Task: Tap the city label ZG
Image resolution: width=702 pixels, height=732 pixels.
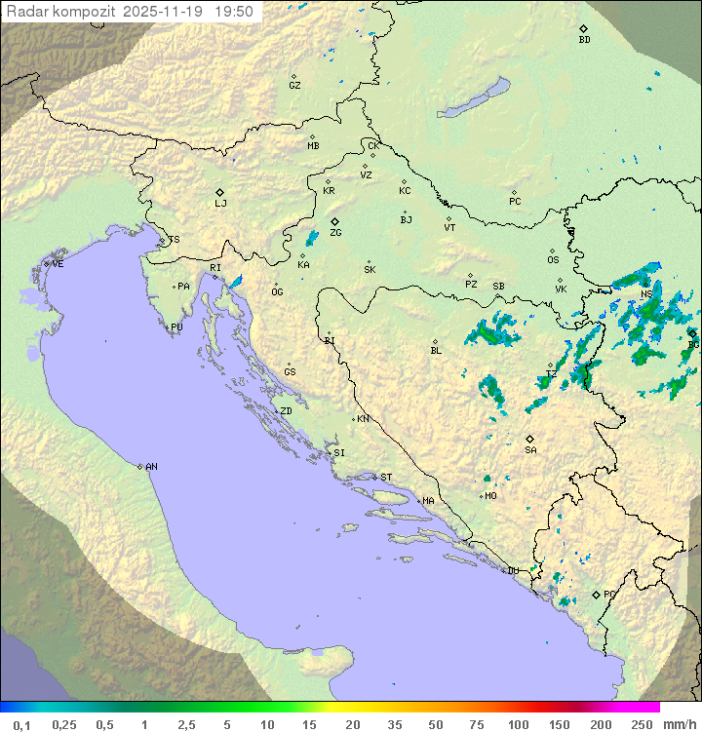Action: [x=335, y=233]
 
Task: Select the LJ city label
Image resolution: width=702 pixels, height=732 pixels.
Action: [x=220, y=204]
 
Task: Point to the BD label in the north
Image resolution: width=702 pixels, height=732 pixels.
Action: [x=584, y=40]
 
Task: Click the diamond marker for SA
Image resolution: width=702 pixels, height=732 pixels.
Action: [x=530, y=439]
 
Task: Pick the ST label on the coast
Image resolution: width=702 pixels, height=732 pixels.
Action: [x=386, y=478]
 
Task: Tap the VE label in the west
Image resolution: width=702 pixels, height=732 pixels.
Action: [x=58, y=264]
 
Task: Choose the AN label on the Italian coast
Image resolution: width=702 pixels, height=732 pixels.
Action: [x=151, y=467]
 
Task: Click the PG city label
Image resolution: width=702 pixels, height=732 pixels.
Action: [x=609, y=594]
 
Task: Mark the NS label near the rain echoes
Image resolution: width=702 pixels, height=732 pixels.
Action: [x=646, y=293]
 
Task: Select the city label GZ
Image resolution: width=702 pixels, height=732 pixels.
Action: [x=294, y=85]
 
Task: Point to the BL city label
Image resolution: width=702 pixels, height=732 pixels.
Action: [x=436, y=350]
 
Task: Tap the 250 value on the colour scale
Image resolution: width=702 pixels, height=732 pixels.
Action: [x=642, y=724]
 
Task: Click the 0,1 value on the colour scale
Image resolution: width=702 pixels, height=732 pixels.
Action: [x=21, y=724]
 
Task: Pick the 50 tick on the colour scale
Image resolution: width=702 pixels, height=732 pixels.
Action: [x=437, y=724]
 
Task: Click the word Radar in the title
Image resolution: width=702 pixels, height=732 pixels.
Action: [x=26, y=12]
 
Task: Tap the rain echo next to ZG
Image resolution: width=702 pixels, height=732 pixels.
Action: [x=312, y=238]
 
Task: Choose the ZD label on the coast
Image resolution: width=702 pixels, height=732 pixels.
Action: [x=286, y=411]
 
